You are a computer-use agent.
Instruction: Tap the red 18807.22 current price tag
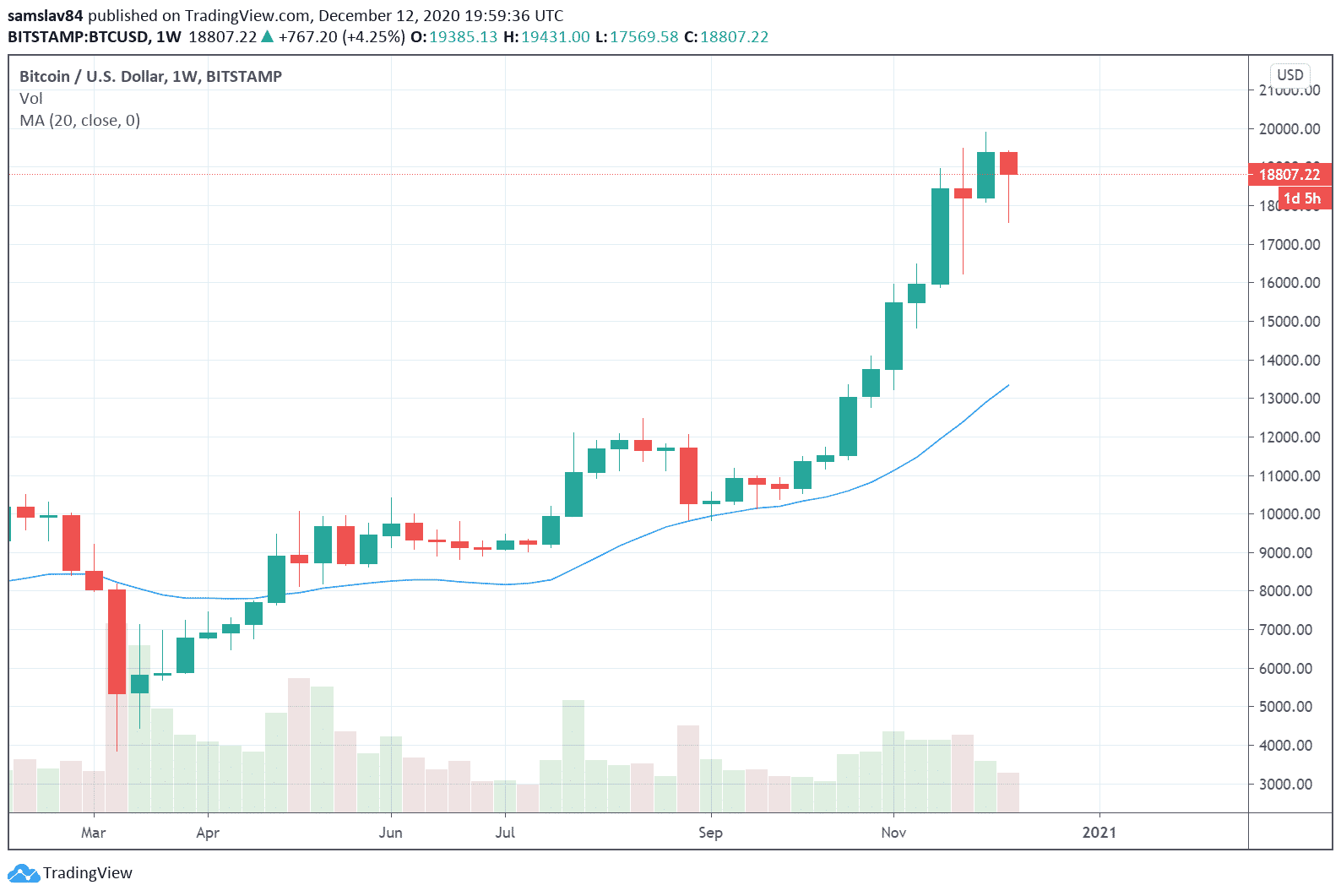(x=1289, y=175)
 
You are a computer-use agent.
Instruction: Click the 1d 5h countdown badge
(x=1301, y=198)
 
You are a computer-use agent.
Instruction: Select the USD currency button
(x=1289, y=75)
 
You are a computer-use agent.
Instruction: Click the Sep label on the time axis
(x=710, y=833)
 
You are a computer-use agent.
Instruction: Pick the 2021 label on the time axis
(x=1099, y=833)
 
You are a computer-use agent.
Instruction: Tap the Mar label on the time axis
(x=94, y=833)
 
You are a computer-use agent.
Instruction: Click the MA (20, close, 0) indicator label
(x=80, y=121)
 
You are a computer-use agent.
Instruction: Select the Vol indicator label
(x=31, y=99)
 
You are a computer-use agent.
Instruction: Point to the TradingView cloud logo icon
(x=23, y=873)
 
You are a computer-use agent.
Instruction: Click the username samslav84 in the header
(x=45, y=16)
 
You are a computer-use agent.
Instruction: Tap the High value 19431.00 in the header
(x=555, y=37)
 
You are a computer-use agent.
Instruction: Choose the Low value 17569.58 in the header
(x=644, y=37)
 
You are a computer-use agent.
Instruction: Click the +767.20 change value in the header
(x=307, y=37)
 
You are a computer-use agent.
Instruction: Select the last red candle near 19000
(x=1008, y=163)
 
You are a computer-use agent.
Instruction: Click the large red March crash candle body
(x=117, y=642)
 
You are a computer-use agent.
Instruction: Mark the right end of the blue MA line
(x=1008, y=386)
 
